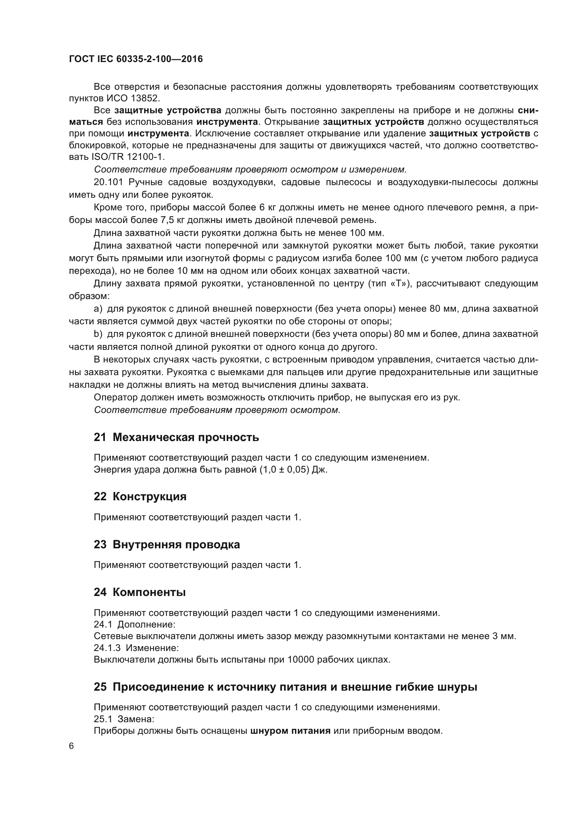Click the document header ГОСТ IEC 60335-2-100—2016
[x=136, y=59]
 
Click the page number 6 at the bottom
[x=72, y=746]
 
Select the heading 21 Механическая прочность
[x=176, y=437]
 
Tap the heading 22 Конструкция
[x=140, y=496]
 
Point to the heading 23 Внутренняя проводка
[x=167, y=544]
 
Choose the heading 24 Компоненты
[x=140, y=592]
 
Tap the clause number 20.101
[x=108, y=182]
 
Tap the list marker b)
[x=98, y=334]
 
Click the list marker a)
[x=98, y=309]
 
